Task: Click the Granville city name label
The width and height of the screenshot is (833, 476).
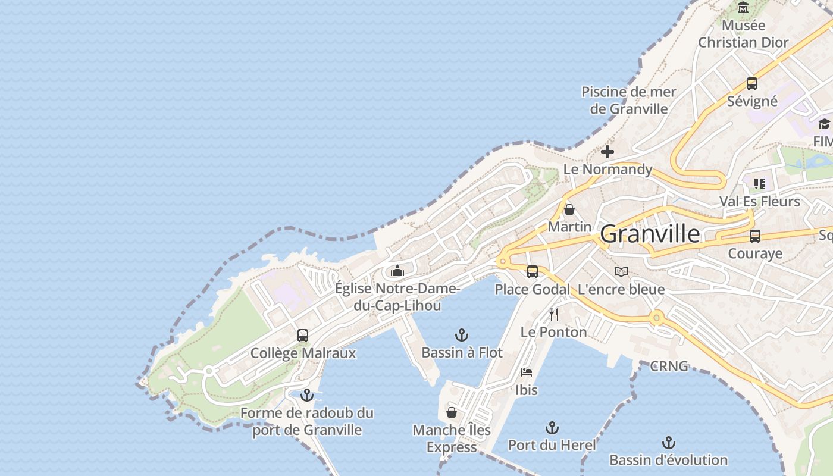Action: [x=650, y=234]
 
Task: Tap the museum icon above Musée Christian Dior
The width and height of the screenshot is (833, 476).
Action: [x=743, y=8]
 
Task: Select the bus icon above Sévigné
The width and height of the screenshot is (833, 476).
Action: [x=752, y=84]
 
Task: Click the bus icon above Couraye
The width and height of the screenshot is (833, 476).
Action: [x=755, y=236]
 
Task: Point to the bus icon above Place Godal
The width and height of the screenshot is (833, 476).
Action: [x=533, y=272]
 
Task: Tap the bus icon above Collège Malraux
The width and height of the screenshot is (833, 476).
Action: [x=303, y=336]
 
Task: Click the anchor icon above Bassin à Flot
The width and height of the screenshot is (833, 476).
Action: [x=462, y=335]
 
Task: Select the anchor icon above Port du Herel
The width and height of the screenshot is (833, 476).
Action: [x=552, y=428]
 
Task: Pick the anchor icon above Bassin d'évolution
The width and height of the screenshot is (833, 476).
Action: [x=669, y=443]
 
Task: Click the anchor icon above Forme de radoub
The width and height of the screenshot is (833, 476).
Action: [x=307, y=395]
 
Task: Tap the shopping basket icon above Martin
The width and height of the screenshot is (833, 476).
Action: [x=569, y=209]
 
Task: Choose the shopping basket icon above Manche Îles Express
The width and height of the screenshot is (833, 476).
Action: [x=452, y=412]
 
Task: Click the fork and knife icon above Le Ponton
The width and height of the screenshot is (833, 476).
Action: [x=554, y=314]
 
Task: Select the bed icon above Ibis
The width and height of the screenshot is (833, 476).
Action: [x=527, y=372]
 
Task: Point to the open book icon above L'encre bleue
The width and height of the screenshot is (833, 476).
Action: [x=621, y=272]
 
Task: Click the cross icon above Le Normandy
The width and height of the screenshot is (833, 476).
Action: [x=607, y=152]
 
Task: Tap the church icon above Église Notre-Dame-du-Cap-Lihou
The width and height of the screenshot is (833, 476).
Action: [x=397, y=271]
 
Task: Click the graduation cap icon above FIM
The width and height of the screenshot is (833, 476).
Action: [x=824, y=124]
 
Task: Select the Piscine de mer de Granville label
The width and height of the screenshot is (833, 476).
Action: [x=629, y=100]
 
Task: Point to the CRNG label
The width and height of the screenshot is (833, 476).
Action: [x=669, y=366]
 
